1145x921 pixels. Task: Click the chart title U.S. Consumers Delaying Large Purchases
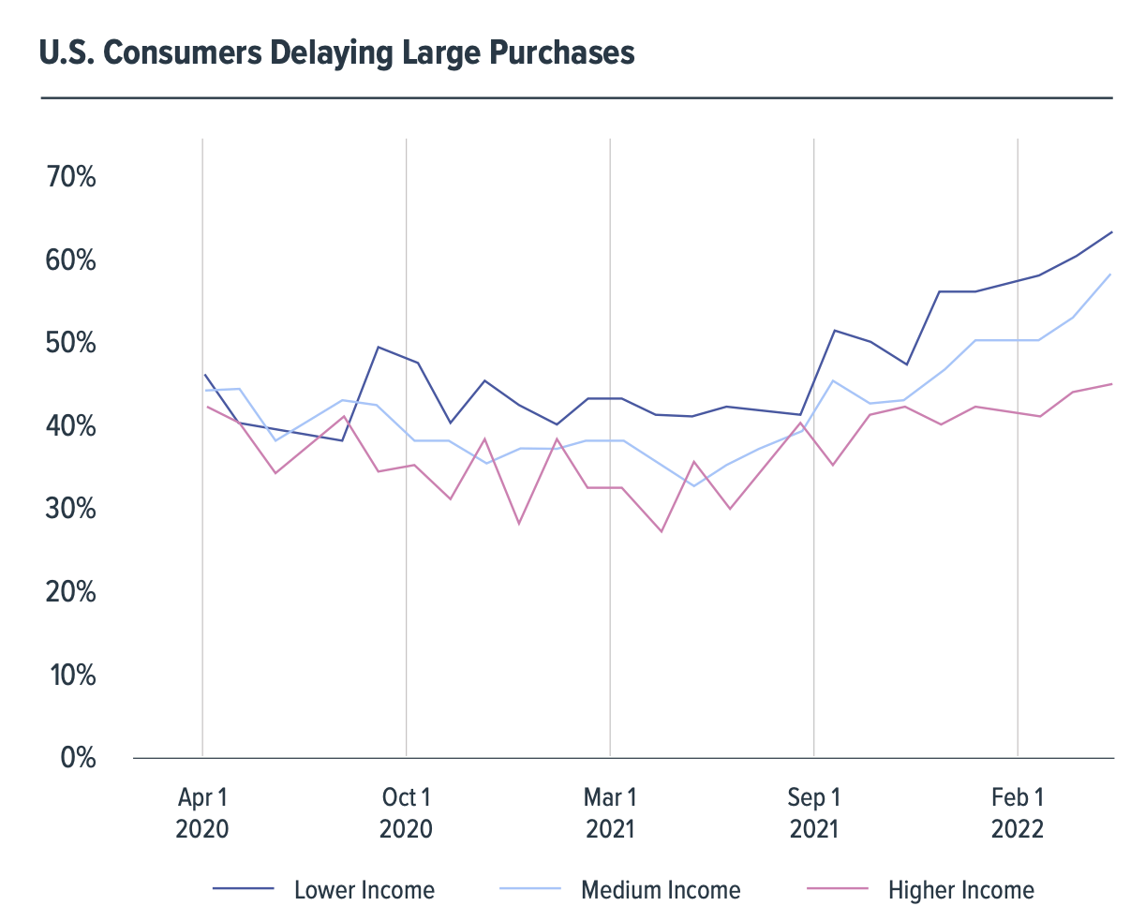pyautogui.click(x=337, y=52)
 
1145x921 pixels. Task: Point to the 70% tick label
pyautogui.click(x=71, y=176)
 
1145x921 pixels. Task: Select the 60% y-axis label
pyautogui.click(x=71, y=260)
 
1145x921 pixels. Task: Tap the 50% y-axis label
pyautogui.click(x=71, y=343)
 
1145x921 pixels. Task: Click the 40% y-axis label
pyautogui.click(x=71, y=426)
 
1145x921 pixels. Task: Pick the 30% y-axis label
pyautogui.click(x=71, y=509)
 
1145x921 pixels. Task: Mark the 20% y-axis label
pyautogui.click(x=71, y=592)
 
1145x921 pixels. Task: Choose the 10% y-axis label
pyautogui.click(x=71, y=675)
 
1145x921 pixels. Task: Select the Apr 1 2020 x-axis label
pyautogui.click(x=202, y=812)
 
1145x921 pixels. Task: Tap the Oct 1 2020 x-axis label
pyautogui.click(x=406, y=812)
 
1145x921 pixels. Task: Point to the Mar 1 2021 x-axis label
pyautogui.click(x=610, y=812)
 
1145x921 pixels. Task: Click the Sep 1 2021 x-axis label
pyautogui.click(x=813, y=812)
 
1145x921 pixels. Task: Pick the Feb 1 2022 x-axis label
pyautogui.click(x=1018, y=812)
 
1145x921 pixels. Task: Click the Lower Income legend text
pyautogui.click(x=364, y=889)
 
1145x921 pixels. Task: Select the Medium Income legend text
pyautogui.click(x=661, y=889)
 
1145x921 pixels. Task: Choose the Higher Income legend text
pyautogui.click(x=961, y=889)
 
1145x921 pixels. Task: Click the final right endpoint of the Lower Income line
pyautogui.click(x=1112, y=231)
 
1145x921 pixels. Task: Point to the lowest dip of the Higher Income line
pyautogui.click(x=662, y=531)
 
